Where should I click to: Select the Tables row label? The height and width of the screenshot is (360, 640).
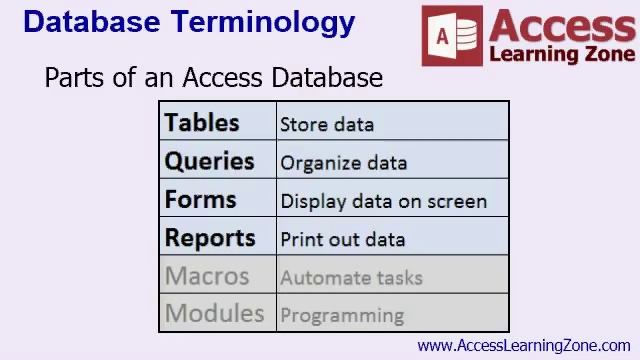click(202, 123)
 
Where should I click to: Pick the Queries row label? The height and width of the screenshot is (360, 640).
click(209, 161)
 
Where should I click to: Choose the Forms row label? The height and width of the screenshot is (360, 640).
click(200, 199)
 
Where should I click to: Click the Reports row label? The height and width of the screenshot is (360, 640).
click(210, 238)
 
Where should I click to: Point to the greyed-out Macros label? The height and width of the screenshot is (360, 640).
click(207, 276)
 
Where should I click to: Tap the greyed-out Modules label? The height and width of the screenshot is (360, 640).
click(214, 313)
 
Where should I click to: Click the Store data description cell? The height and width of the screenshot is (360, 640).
click(327, 125)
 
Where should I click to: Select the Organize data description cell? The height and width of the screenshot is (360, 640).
click(343, 163)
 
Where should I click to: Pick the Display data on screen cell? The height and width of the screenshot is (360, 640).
click(383, 201)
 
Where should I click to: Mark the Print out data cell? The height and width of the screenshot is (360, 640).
click(342, 240)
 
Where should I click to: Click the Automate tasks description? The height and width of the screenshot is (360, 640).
click(351, 278)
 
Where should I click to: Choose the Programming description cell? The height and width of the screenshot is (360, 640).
click(342, 316)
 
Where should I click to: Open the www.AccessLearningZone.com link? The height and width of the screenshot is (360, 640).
click(524, 346)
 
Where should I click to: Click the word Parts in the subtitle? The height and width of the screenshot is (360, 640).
click(74, 78)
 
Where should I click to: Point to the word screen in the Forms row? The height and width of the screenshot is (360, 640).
click(457, 201)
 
